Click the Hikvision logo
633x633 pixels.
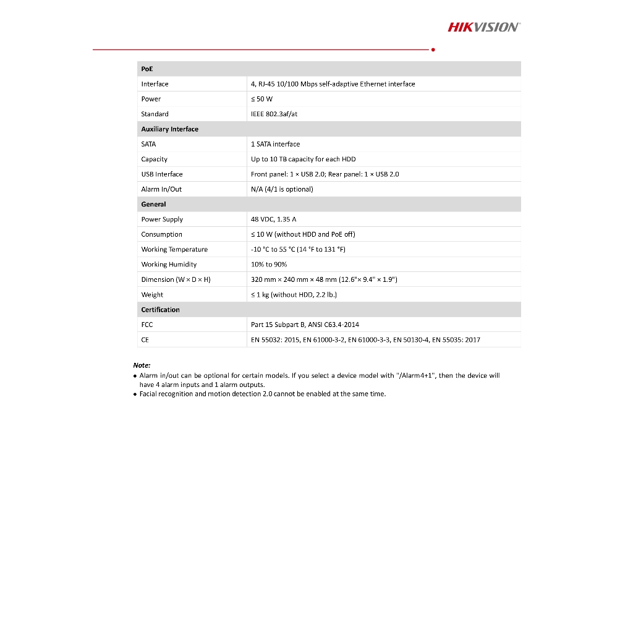click(x=483, y=27)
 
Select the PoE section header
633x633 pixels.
click(x=147, y=69)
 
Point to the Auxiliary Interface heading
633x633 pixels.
click(x=169, y=129)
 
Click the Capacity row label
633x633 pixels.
click(x=154, y=159)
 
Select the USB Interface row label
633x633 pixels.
click(x=162, y=174)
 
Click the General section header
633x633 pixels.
click(x=153, y=204)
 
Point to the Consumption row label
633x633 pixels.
click(x=161, y=234)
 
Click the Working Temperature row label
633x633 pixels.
click(x=174, y=250)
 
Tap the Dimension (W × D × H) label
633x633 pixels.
click(x=176, y=279)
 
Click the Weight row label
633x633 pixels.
click(x=152, y=295)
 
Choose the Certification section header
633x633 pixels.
click(x=160, y=310)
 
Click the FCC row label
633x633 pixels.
click(x=147, y=325)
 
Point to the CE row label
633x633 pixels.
click(x=145, y=340)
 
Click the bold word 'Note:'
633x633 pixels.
click(x=142, y=365)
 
